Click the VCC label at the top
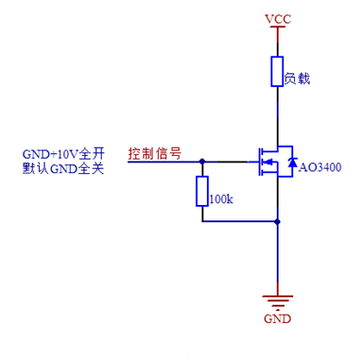point(278,18)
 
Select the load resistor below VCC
point(278,72)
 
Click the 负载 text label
point(298,79)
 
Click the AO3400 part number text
point(320,168)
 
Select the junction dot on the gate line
point(201,161)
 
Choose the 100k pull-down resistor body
point(201,191)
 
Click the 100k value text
point(221,199)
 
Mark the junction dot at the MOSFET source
point(278,219)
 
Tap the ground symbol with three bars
point(278,302)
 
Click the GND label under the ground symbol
point(278,320)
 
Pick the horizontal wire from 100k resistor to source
point(240,219)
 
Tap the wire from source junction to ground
point(278,258)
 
